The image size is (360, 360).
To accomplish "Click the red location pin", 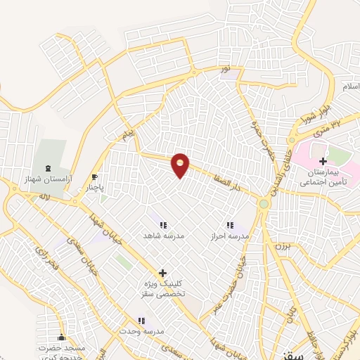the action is click(x=181, y=165).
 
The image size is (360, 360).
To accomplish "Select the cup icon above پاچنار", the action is click(x=95, y=177).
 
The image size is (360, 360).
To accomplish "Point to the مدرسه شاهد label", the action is click(x=163, y=236).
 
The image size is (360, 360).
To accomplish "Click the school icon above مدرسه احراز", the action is click(x=230, y=226).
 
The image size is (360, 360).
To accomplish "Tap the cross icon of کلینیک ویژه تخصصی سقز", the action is click(x=162, y=273).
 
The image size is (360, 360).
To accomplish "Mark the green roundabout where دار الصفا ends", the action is click(x=264, y=204).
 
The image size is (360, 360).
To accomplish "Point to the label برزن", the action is click(x=282, y=246).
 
